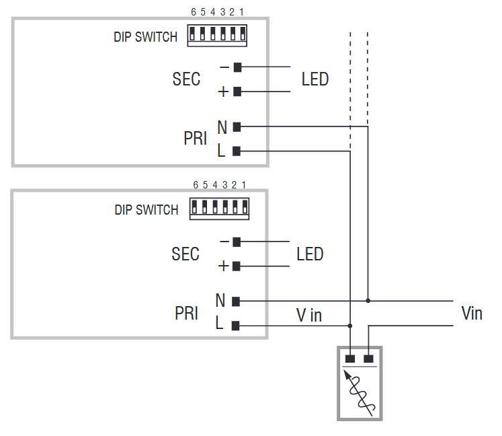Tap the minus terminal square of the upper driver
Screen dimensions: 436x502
coord(237,67)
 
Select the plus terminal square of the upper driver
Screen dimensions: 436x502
coord(237,92)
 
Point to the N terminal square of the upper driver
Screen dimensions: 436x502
coord(237,126)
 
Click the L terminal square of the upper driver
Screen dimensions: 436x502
coord(237,151)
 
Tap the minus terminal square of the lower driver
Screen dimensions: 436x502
coord(237,242)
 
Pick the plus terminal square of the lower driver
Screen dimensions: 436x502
coord(237,266)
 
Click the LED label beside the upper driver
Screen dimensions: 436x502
coord(315,79)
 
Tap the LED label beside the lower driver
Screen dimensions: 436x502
coord(310,254)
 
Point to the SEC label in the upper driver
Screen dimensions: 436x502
coord(186,79)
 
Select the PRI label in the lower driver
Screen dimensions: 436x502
coord(186,314)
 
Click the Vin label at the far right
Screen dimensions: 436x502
coord(472,313)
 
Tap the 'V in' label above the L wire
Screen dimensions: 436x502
coord(309,314)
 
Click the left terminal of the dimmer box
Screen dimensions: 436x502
coord(350,359)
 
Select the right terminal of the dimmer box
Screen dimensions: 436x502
coord(368,359)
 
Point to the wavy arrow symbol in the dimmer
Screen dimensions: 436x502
coord(361,391)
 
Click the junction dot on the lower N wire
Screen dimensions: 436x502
coord(368,300)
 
